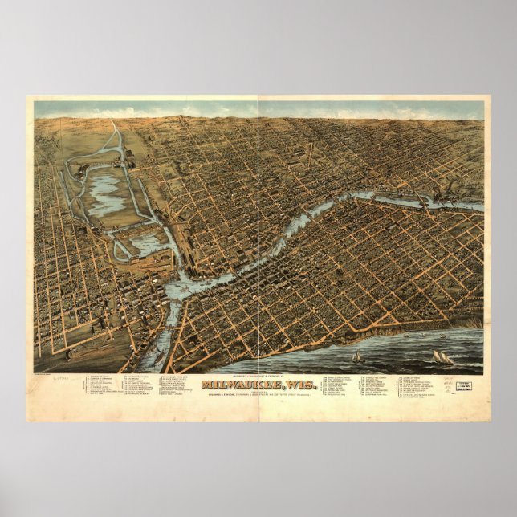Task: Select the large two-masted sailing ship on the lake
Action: click(443, 357)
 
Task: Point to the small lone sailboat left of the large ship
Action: click(356, 356)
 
